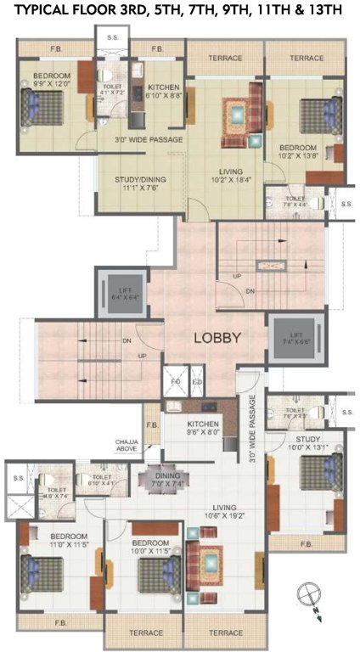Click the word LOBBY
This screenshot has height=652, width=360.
[218, 337]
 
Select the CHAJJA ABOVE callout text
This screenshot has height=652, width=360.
[128, 447]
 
